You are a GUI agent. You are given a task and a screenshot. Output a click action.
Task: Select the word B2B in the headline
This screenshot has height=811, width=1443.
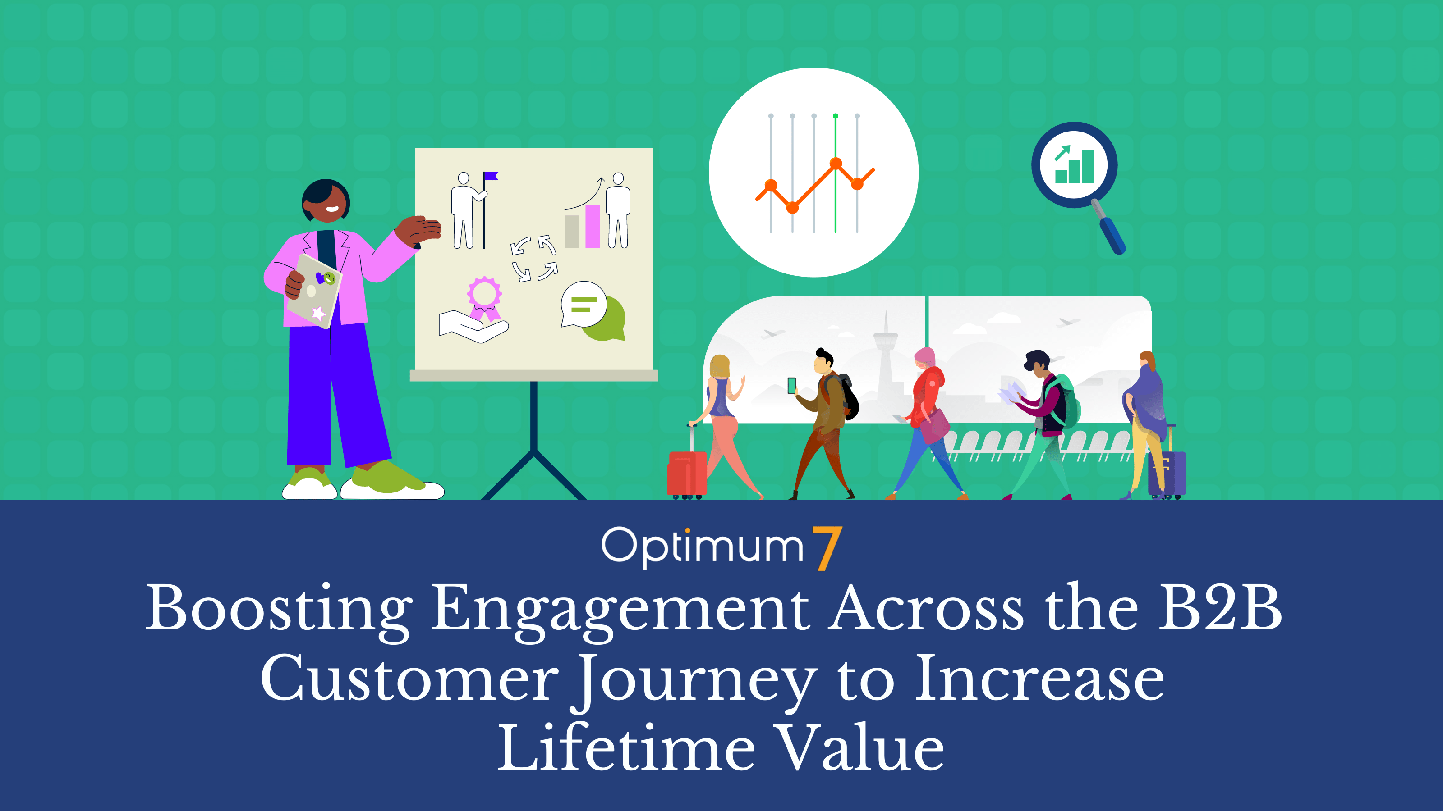(x=1220, y=607)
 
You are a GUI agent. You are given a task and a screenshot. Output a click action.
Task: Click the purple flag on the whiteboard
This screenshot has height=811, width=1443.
(x=491, y=176)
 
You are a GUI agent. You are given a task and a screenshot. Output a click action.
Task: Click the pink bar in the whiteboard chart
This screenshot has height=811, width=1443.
(x=593, y=226)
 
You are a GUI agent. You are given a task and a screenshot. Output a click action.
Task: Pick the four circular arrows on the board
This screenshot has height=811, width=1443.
(x=534, y=258)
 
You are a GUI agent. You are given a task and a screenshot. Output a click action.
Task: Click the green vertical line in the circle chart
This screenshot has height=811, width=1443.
(x=835, y=173)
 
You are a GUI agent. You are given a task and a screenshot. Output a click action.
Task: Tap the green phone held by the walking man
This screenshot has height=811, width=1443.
(x=791, y=386)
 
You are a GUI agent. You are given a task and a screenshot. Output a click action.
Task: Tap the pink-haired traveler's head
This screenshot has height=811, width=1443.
(x=925, y=359)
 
